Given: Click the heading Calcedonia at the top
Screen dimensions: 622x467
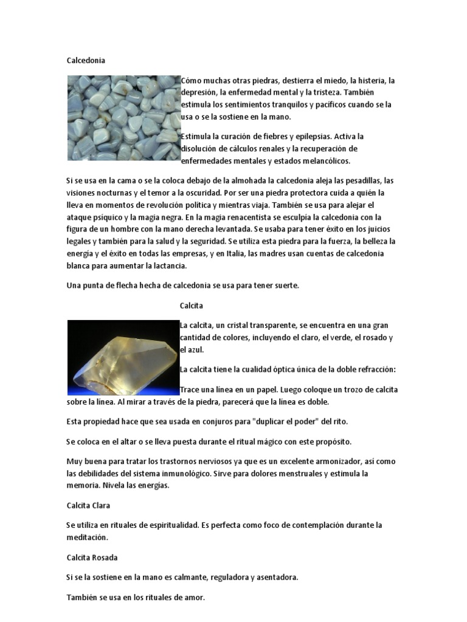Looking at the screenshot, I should tap(86, 60).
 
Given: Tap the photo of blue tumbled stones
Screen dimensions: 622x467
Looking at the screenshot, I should tap(123, 118).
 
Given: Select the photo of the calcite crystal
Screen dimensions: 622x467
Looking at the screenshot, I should tap(123, 357).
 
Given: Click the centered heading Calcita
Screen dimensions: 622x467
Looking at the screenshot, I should tap(192, 305).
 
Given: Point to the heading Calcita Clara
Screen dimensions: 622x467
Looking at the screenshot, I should tap(88, 505).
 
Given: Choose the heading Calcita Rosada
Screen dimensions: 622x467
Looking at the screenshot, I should tap(92, 557).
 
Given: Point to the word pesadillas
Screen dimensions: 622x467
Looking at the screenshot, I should tap(363, 180).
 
